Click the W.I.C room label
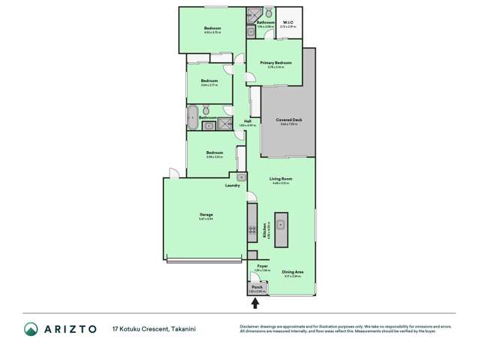coord(288,23)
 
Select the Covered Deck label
coord(288,120)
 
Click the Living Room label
coord(281,179)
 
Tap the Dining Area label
coord(292,272)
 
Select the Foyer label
coord(262,266)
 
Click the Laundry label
coord(232,185)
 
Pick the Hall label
coord(247,121)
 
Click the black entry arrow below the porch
coord(255,303)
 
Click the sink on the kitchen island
coord(282,223)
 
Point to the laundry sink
coord(241,177)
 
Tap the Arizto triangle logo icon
coord(30,329)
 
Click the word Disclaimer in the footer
coord(249,326)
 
